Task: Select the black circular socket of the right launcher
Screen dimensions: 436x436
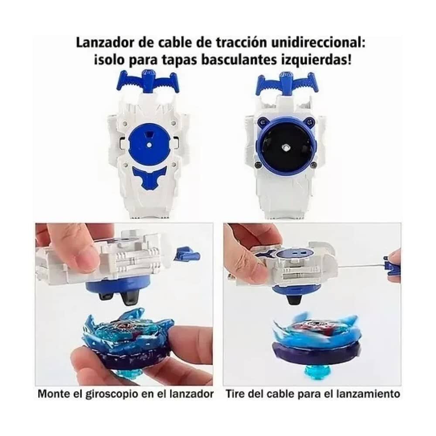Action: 286,146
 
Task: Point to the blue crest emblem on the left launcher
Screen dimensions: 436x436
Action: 149,177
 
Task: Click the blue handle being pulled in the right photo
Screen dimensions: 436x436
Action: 392,265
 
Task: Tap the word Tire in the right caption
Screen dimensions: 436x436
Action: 235,394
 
